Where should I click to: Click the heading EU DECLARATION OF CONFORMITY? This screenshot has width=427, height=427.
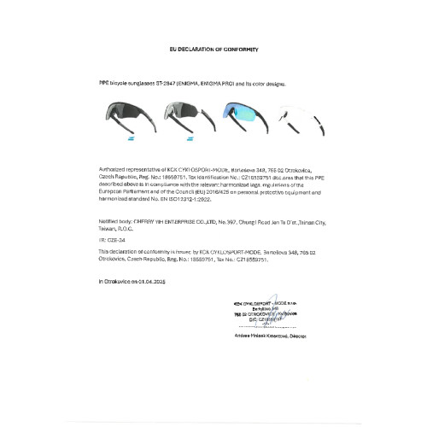click(213, 50)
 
